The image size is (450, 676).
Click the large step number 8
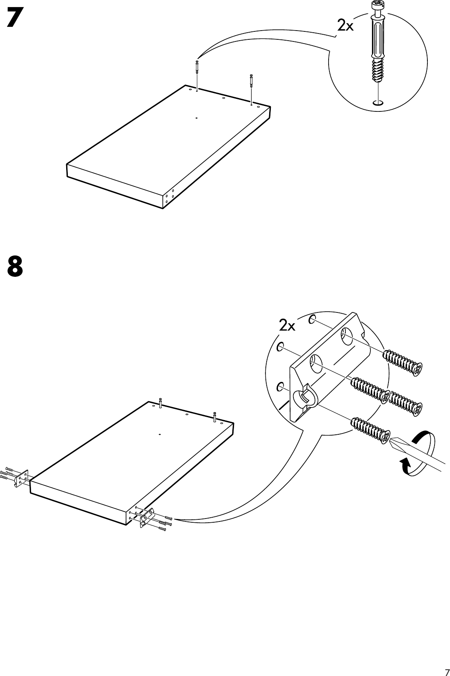15,266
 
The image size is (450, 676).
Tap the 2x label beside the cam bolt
346,26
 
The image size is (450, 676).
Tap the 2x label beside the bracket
287,325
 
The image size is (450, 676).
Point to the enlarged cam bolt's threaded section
378,70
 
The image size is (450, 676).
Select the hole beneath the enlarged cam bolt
378,102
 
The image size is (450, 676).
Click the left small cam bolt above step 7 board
197,68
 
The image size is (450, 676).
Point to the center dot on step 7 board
196,118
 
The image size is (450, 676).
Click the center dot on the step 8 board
160,435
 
